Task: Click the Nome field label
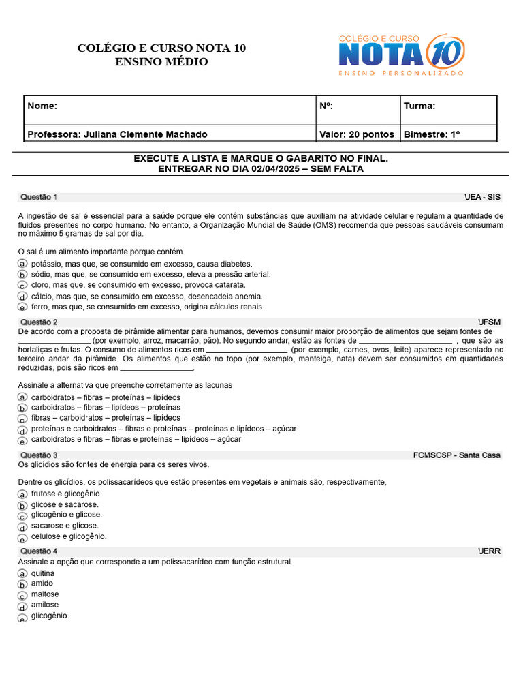coord(42,106)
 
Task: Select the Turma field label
coord(419,106)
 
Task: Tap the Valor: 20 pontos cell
coord(356,134)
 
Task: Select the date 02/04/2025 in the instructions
coord(276,169)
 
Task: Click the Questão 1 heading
coord(39,197)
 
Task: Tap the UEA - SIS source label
coord(482,197)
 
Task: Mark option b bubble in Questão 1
coord(22,275)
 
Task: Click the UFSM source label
coord(489,322)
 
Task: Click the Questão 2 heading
coord(39,322)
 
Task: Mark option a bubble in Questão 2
coord(22,397)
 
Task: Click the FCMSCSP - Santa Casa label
coord(456,455)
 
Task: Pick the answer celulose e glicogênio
coord(69,536)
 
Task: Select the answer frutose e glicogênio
coord(66,493)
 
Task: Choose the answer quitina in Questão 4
coord(43,573)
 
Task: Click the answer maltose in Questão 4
coord(45,594)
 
